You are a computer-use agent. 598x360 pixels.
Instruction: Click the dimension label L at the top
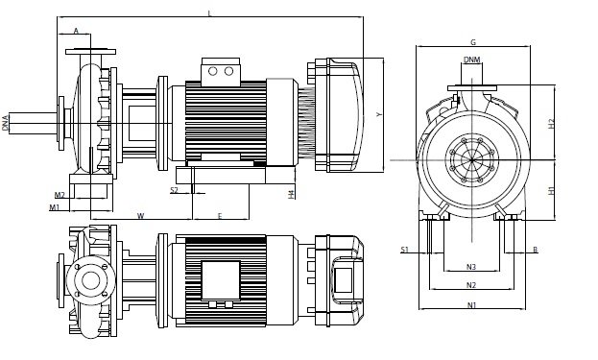click(209, 13)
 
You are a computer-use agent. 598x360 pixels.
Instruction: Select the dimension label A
click(76, 31)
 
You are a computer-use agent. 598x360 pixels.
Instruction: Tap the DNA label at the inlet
click(5, 123)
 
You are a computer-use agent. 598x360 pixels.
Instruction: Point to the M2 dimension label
click(60, 195)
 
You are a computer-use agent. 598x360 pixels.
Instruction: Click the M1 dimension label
click(55, 207)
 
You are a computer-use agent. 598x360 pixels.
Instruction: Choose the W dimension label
click(141, 216)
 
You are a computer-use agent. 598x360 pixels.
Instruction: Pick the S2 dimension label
click(174, 190)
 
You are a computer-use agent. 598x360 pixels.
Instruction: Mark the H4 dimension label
click(292, 194)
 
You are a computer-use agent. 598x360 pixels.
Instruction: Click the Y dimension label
click(379, 114)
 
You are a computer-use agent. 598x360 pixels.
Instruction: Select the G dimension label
click(473, 42)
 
